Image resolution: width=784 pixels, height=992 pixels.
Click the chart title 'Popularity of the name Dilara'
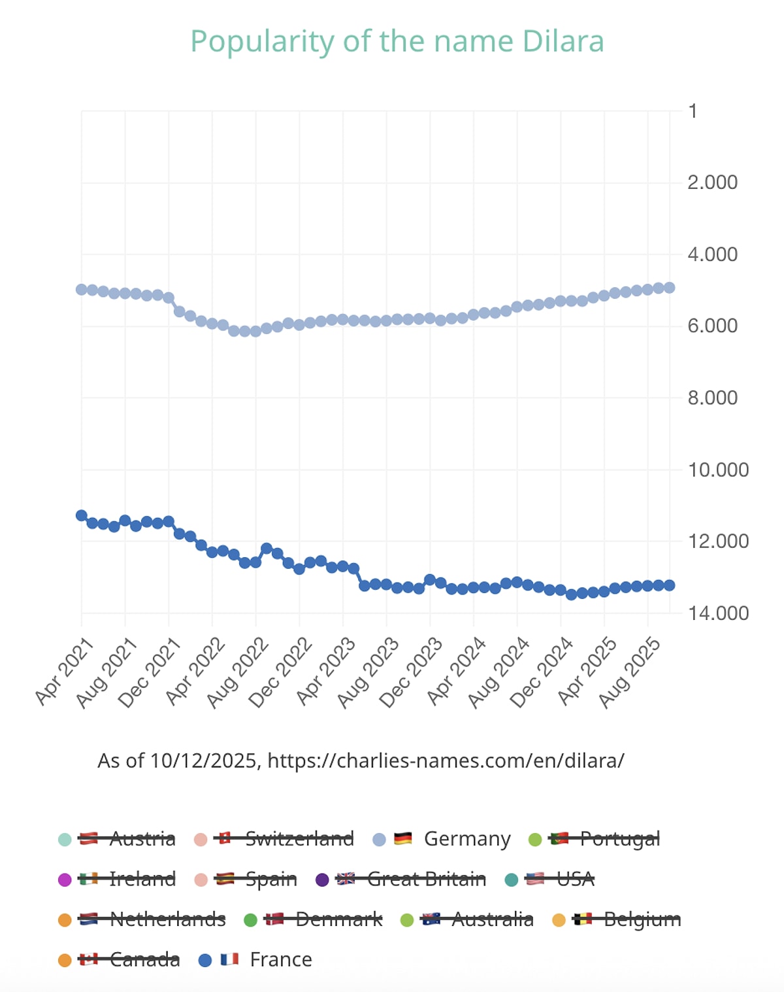click(397, 42)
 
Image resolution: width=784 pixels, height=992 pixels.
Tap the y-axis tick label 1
click(693, 111)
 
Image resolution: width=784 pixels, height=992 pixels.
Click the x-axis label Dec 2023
click(411, 673)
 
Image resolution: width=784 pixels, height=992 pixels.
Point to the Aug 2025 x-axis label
click(630, 673)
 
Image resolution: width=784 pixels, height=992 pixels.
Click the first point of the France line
click(82, 515)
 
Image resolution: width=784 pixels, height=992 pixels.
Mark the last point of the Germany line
click(669, 288)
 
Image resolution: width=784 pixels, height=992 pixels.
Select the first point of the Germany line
click(82, 289)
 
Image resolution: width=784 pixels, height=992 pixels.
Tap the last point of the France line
click(669, 585)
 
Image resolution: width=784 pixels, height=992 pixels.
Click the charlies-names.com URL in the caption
click(446, 761)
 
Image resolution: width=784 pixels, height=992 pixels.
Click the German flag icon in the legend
click(403, 838)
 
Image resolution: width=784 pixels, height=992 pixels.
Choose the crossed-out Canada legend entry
click(144, 959)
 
